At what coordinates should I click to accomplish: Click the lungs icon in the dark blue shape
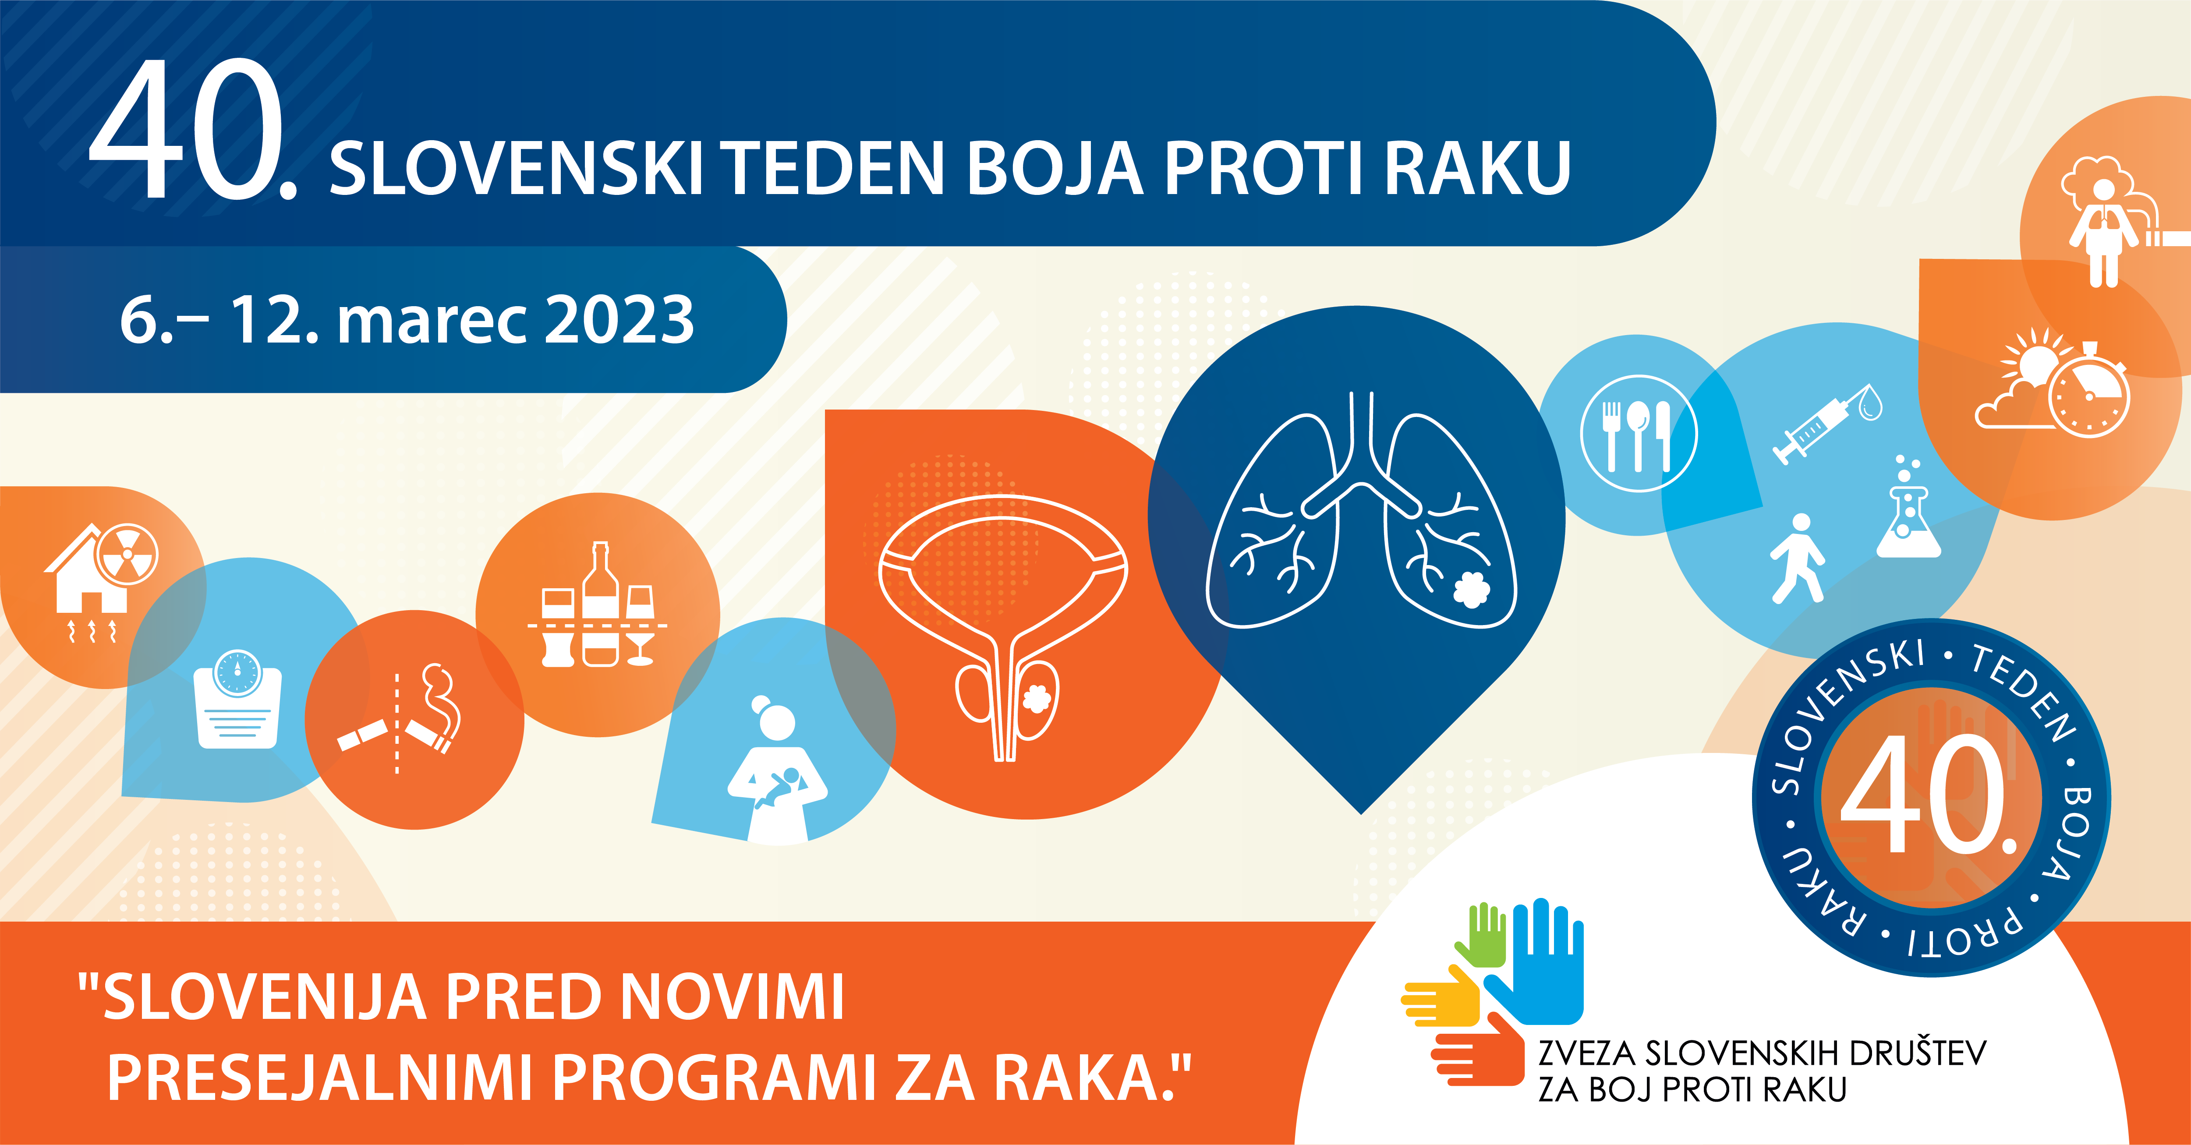(x=1361, y=510)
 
